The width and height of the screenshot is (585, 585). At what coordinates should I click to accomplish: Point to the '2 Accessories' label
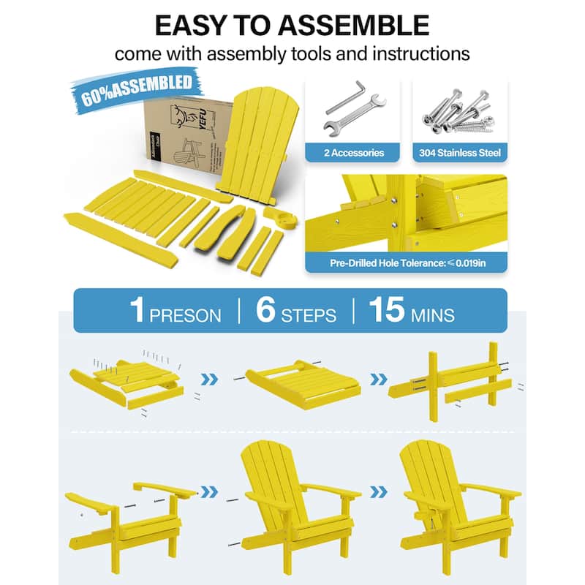(353, 153)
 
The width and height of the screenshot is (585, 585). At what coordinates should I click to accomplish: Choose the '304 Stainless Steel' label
(459, 153)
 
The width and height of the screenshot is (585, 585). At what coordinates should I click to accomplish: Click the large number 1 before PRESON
(137, 310)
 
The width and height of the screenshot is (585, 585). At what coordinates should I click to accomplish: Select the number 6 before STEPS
(265, 310)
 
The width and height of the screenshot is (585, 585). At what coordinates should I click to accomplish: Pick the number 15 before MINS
(386, 310)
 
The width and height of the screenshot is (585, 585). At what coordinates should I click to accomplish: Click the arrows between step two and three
(378, 380)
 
